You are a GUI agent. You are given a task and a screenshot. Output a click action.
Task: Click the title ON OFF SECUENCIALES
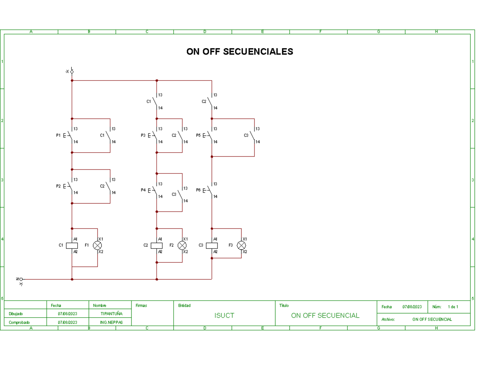pos(239,52)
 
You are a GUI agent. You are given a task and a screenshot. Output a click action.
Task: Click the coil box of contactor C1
pos(72,245)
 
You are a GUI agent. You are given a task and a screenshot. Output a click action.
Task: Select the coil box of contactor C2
pos(157,245)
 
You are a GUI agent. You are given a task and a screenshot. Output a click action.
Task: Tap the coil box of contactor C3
pos(212,245)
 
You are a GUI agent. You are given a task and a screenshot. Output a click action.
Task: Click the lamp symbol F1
pos(98,245)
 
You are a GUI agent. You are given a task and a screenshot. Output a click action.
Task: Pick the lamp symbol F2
pos(182,245)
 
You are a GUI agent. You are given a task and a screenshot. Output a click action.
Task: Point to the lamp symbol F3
pos(241,245)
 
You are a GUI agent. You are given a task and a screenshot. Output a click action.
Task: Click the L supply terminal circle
pos(72,72)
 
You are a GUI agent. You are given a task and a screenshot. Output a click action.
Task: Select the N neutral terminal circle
pos(21,279)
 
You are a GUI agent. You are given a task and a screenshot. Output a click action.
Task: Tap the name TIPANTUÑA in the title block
pos(111,314)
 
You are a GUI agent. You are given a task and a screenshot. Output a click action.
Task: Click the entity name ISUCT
pos(224,316)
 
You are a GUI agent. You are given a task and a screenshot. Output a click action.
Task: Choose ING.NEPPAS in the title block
pos(111,322)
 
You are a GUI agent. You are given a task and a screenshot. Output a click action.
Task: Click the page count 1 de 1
pos(453,307)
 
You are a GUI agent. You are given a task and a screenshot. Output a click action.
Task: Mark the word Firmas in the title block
pos(141,306)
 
